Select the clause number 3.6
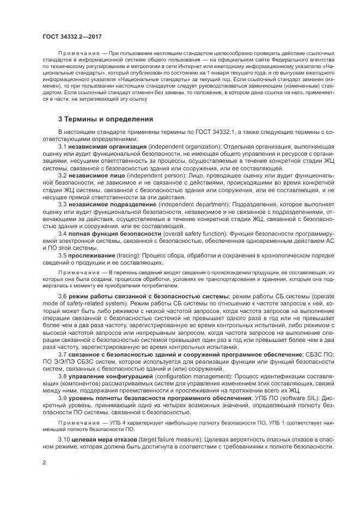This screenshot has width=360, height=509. tap(62, 296)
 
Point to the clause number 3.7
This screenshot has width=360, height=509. tap(62, 354)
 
